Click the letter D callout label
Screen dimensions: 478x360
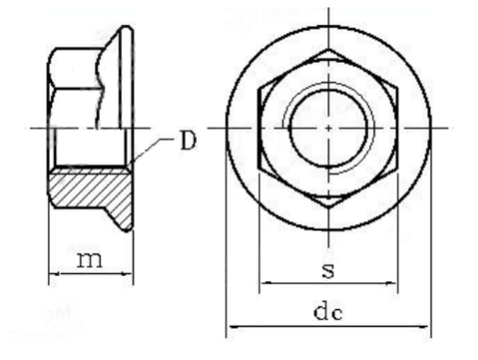tap(188, 141)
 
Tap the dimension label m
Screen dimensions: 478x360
tap(90, 260)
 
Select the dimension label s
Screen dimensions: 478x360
tap(328, 270)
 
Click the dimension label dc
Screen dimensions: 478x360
tap(328, 312)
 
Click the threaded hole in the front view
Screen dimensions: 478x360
tap(328, 128)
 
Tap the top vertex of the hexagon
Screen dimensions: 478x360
tap(328, 49)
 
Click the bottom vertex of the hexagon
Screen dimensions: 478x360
tap(328, 208)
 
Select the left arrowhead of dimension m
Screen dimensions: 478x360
tap(54, 273)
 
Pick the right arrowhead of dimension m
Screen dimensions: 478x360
tap(129, 273)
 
